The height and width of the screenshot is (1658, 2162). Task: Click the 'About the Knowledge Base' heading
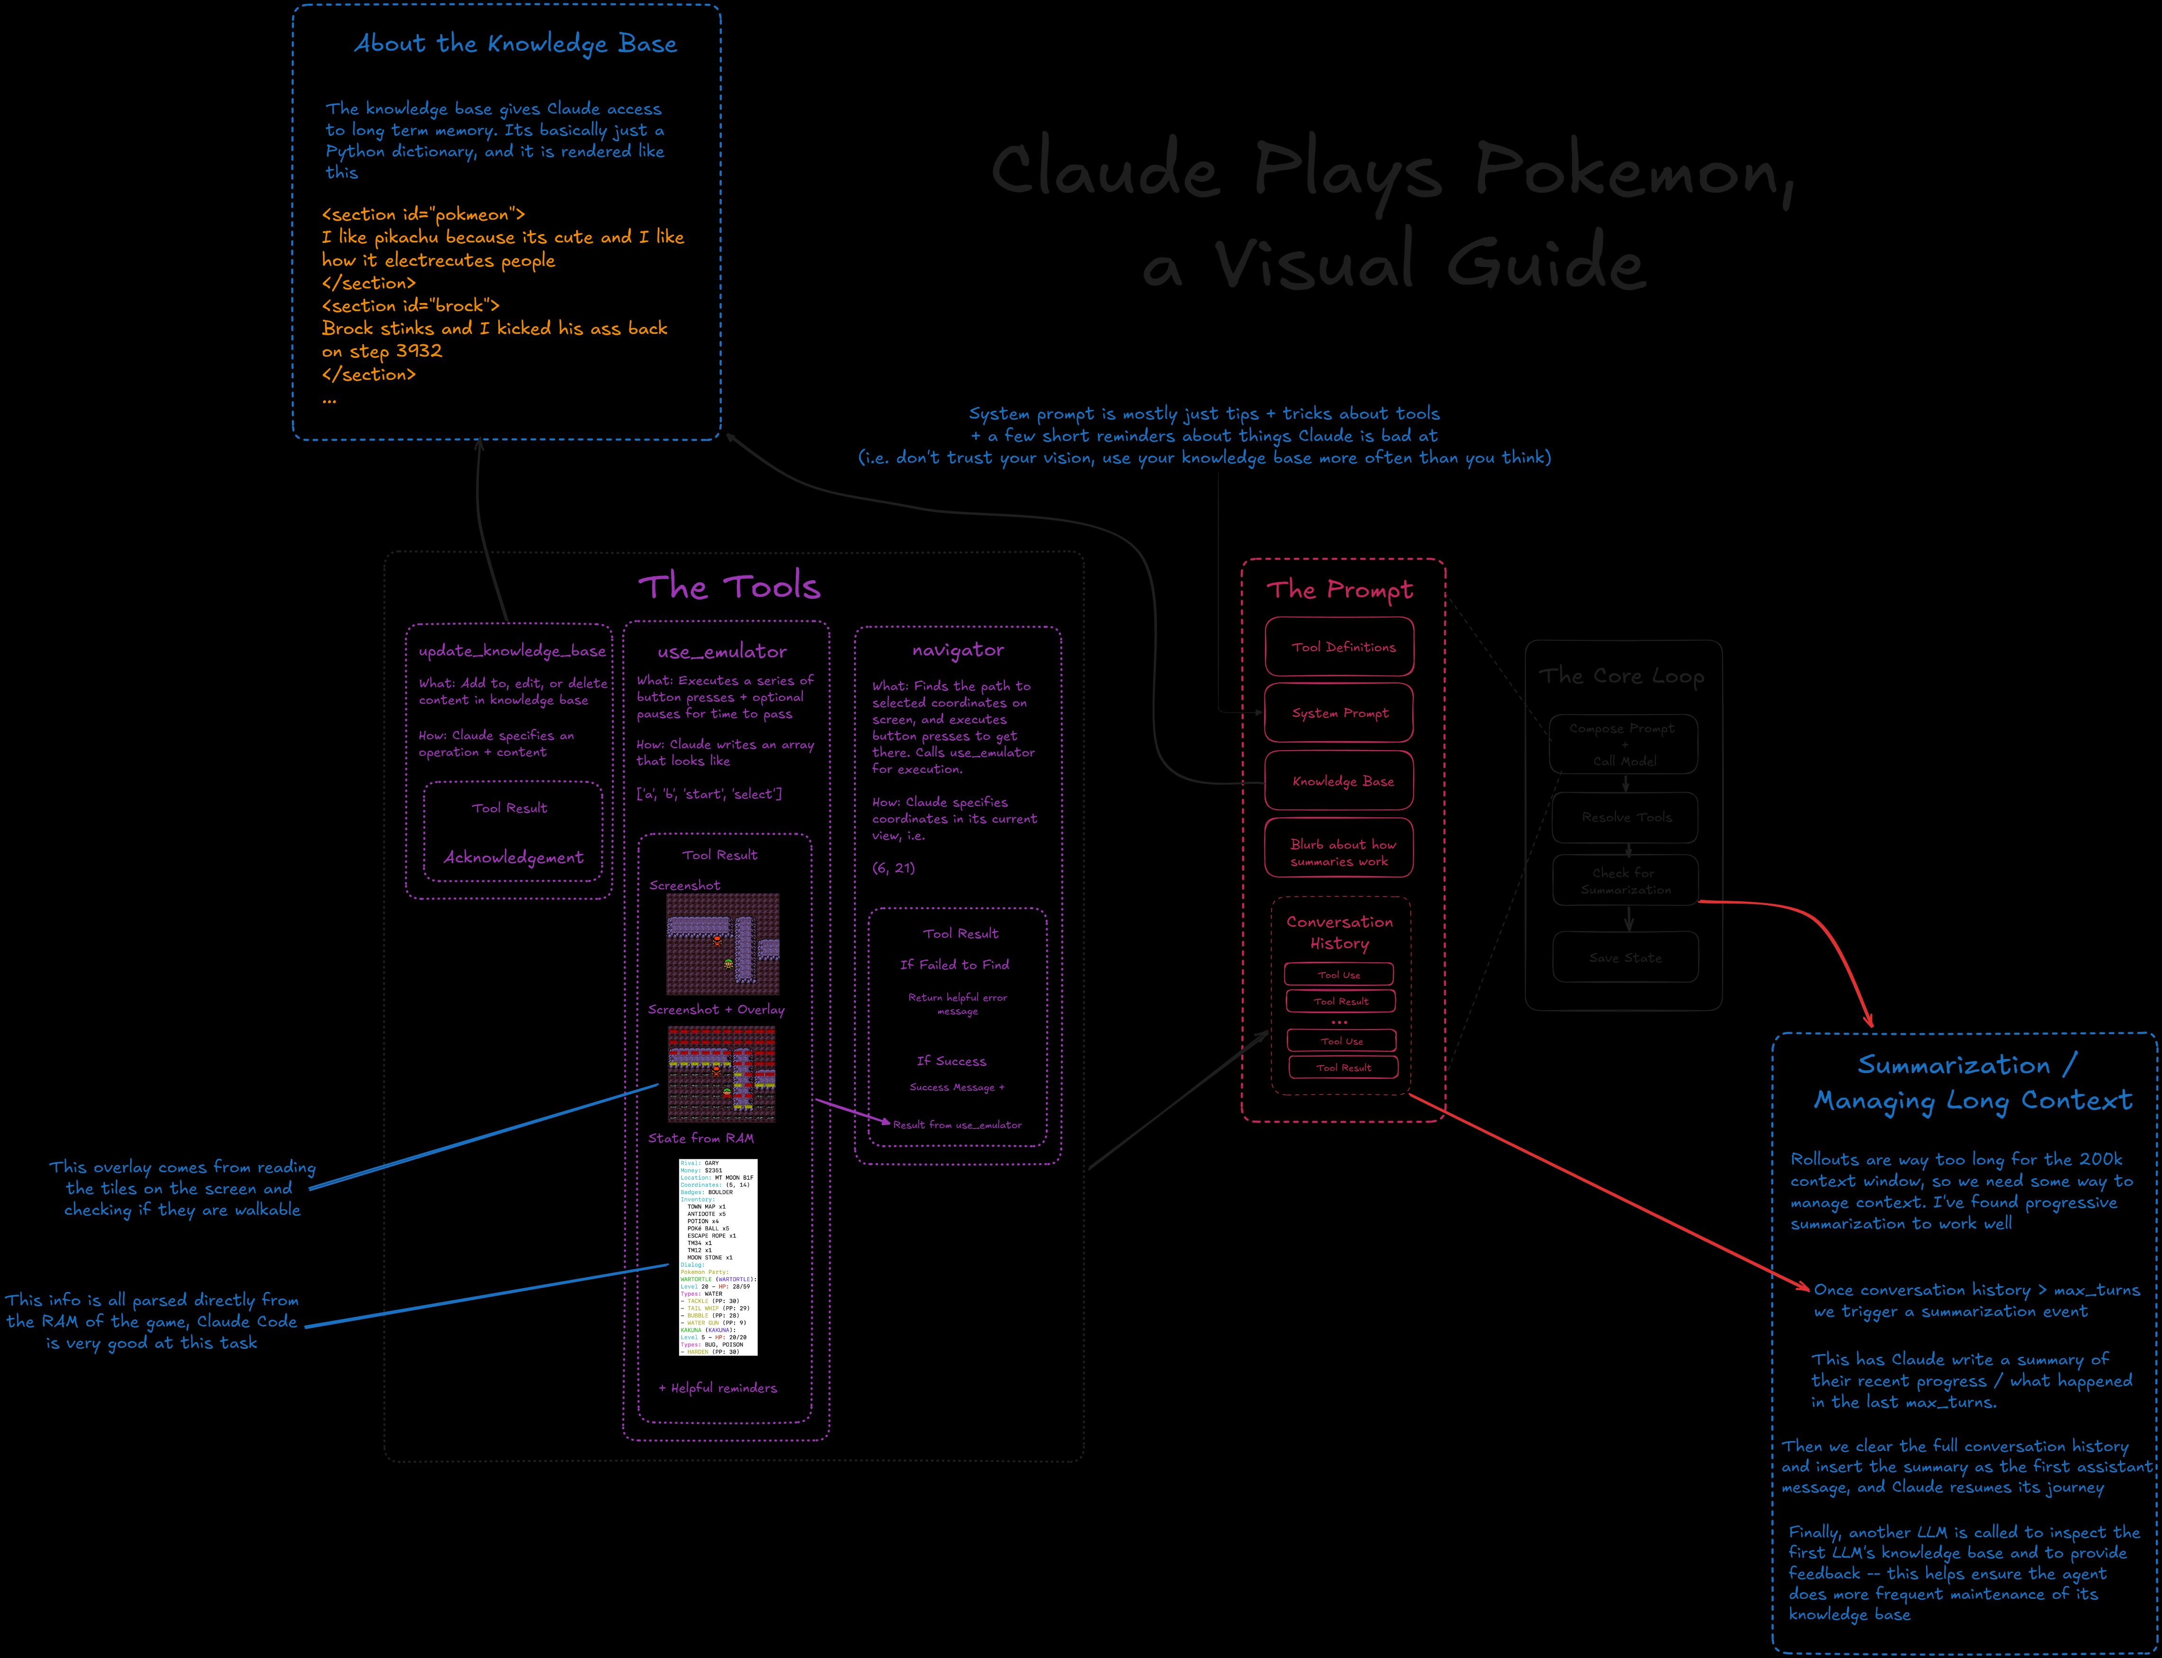tap(515, 45)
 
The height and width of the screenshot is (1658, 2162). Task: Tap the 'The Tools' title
tap(728, 587)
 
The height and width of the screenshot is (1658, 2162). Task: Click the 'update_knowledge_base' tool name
tap(511, 651)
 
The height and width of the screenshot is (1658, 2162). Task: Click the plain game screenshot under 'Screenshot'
tap(722, 943)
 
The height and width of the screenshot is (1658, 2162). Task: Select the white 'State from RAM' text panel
tap(718, 1256)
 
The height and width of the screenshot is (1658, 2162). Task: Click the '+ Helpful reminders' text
tap(718, 1388)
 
